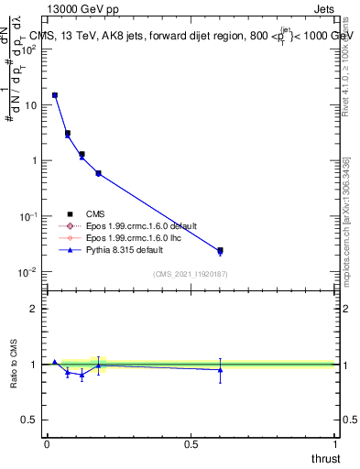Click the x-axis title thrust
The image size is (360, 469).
tap(325, 458)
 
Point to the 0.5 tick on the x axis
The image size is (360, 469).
tap(191, 444)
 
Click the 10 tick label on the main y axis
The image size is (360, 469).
tap(30, 104)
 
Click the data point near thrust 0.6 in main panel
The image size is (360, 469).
tap(220, 250)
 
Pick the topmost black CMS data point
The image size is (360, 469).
tap(55, 95)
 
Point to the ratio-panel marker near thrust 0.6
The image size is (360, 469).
tap(220, 369)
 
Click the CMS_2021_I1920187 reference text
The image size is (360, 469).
tap(190, 274)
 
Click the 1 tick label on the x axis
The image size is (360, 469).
tap(335, 444)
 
